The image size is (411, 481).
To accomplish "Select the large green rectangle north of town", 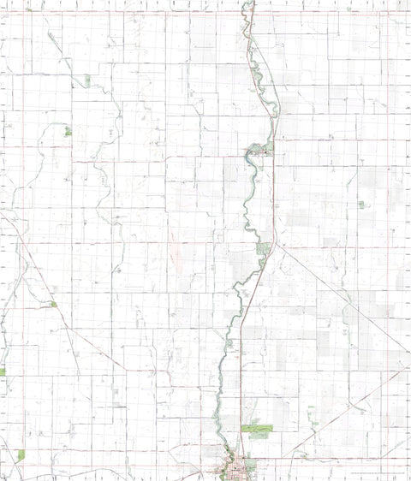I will tap(257, 427).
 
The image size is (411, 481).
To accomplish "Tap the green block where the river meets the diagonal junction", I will tap(264, 250).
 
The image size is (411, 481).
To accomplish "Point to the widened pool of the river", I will tap(253, 153).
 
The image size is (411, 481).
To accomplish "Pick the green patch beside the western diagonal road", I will tap(53, 304).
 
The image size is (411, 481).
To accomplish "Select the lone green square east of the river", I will tap(361, 205).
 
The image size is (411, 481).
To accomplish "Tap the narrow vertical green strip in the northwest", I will tap(87, 80).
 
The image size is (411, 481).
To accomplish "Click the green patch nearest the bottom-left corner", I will tap(21, 455).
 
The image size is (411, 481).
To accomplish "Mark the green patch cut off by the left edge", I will tap(3, 372).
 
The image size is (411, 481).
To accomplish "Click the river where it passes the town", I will tap(225, 458).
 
